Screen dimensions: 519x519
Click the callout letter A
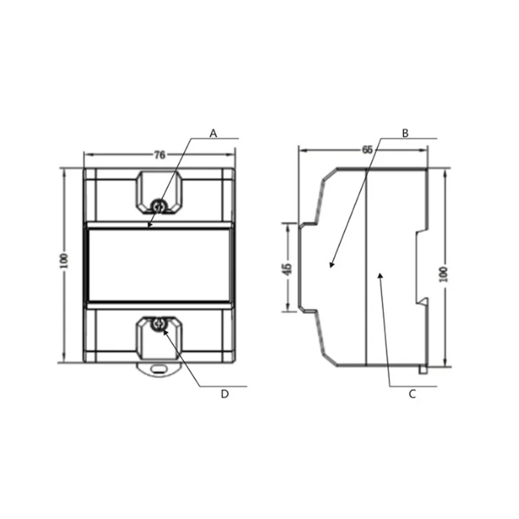(x=213, y=134)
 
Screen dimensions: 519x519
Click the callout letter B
(x=405, y=134)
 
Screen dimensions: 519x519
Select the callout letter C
(x=412, y=394)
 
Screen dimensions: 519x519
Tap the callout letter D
(x=224, y=394)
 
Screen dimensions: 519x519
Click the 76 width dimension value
(x=160, y=155)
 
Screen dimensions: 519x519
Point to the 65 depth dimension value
(x=367, y=150)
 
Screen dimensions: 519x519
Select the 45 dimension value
(x=287, y=269)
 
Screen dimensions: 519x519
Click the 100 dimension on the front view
(x=64, y=261)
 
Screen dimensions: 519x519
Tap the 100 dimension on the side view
(x=444, y=274)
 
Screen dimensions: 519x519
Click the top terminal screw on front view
(x=158, y=206)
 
